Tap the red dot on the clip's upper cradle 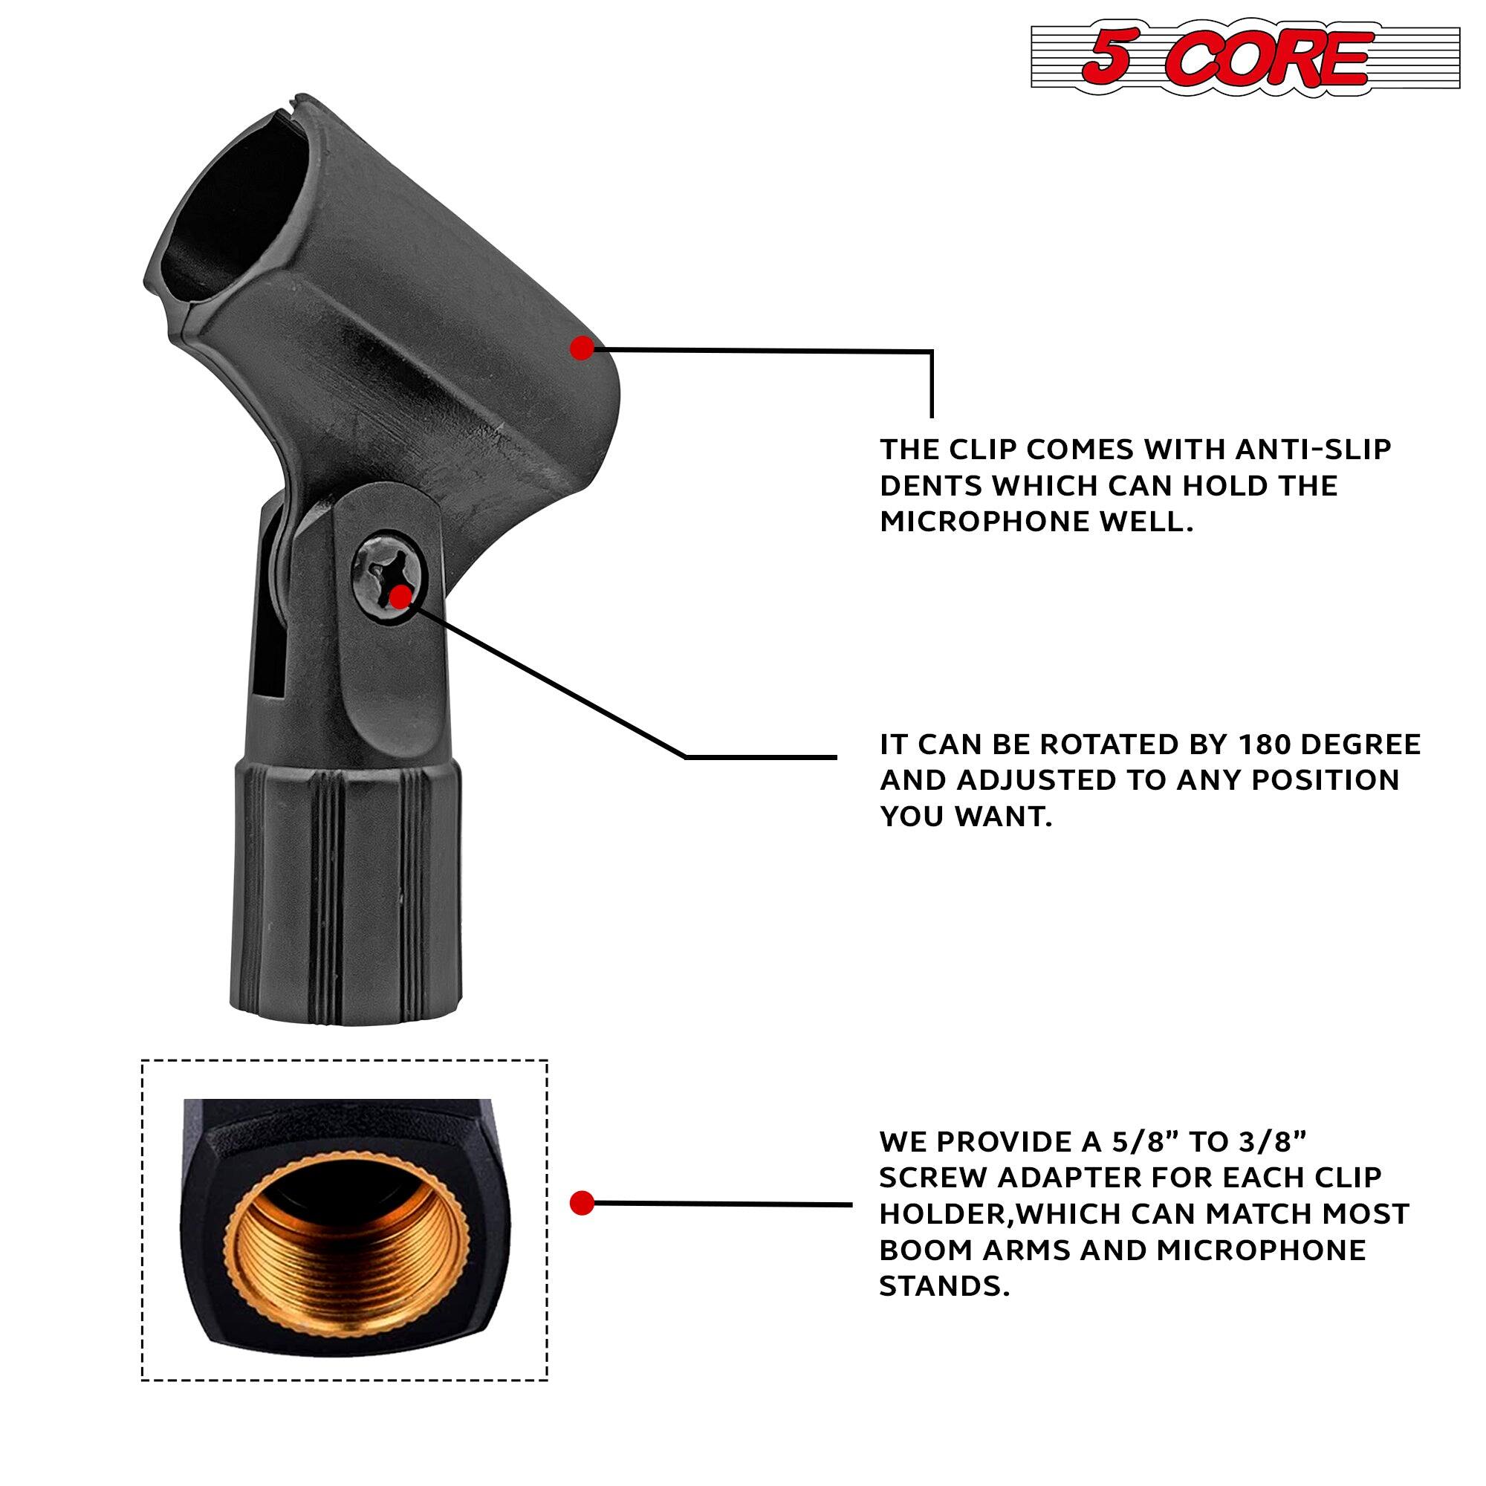(x=583, y=348)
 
